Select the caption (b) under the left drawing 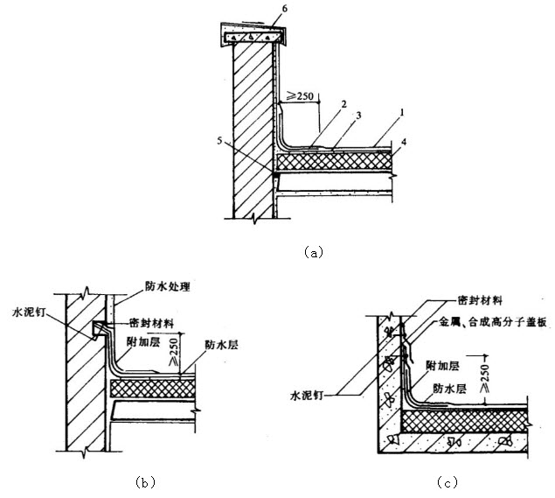point(147,480)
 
